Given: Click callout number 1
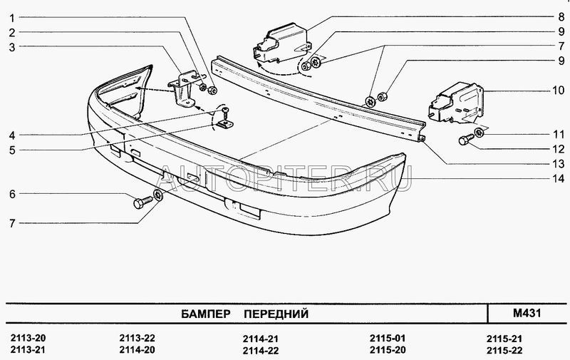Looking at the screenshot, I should pyautogui.click(x=12, y=17).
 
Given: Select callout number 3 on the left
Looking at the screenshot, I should pyautogui.click(x=12, y=47).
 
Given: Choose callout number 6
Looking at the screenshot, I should pyautogui.click(x=12, y=194).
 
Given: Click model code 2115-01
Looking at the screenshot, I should pyautogui.click(x=387, y=337).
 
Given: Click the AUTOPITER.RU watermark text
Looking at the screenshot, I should pyautogui.click(x=285, y=178).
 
